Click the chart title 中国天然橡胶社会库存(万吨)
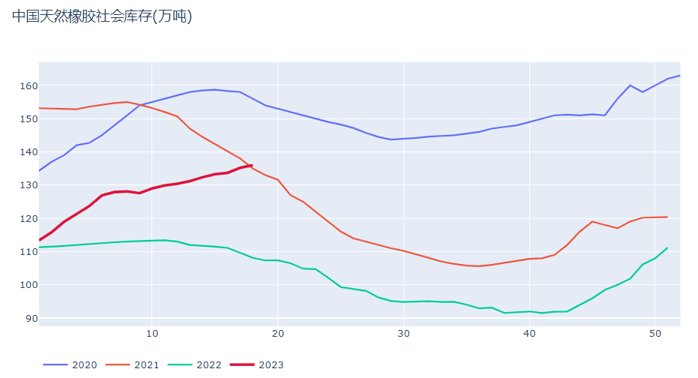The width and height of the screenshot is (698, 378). pos(102,16)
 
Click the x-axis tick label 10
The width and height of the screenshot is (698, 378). pos(151,333)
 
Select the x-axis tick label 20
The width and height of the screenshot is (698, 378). pos(277,333)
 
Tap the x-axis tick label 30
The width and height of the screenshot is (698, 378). pos(403,333)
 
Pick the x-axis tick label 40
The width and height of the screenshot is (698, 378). pos(529,333)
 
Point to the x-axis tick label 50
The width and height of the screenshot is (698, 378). pos(655,333)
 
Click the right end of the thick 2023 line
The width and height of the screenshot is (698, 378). pos(252,165)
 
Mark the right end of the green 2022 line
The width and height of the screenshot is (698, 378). pos(667,247)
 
